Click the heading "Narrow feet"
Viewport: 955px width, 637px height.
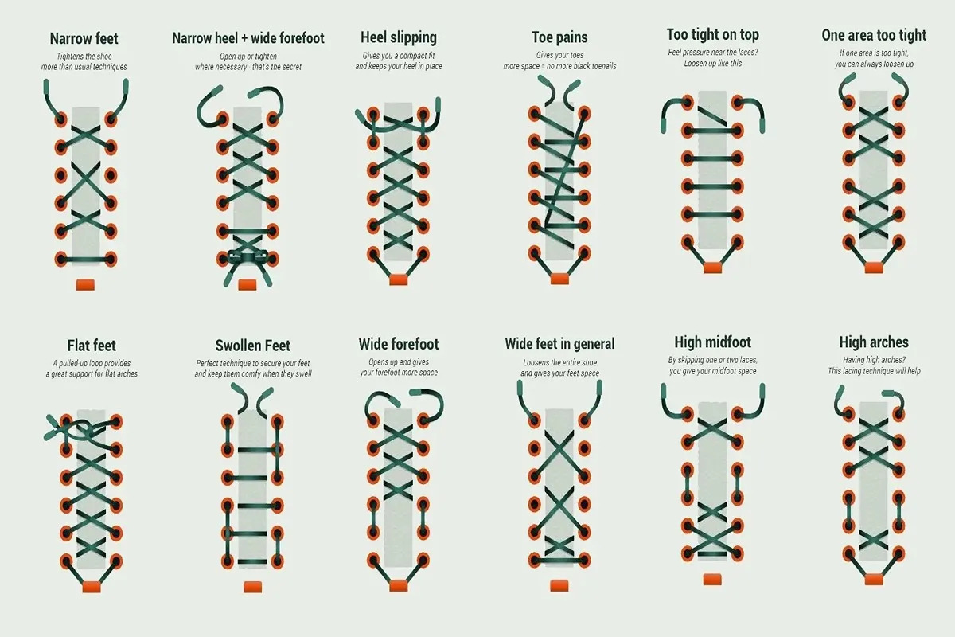tap(84, 38)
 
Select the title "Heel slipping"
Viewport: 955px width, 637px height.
tap(399, 37)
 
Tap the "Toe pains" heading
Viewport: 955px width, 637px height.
tap(559, 37)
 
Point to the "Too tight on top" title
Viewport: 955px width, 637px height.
tap(713, 34)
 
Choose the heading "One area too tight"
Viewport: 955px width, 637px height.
tap(874, 35)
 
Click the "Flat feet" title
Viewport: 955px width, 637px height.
tap(92, 345)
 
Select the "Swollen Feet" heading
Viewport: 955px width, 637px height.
tap(253, 345)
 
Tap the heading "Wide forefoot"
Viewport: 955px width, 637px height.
tap(399, 344)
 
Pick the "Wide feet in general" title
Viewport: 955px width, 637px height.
tap(559, 343)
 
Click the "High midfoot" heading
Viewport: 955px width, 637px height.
tap(713, 342)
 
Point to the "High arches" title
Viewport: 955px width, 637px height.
tap(874, 342)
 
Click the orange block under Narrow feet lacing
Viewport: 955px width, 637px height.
tap(85, 284)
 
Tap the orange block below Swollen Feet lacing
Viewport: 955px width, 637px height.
tap(253, 587)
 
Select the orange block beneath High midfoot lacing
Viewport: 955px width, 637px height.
tap(712, 580)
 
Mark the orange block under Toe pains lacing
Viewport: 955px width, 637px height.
tap(559, 279)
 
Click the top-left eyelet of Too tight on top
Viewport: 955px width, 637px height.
tap(688, 103)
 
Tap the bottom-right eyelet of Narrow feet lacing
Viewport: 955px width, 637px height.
tap(111, 259)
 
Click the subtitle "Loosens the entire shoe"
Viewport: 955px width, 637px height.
tap(559, 362)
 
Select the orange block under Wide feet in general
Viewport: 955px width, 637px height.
tap(559, 585)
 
